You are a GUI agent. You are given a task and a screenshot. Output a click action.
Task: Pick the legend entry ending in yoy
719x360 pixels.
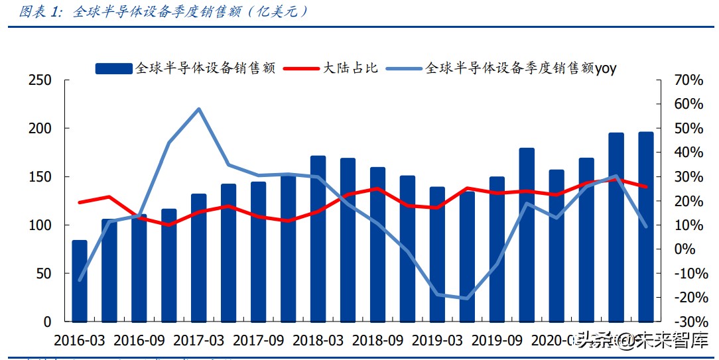(521, 68)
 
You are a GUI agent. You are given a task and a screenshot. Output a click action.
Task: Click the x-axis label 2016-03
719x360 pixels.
(79, 340)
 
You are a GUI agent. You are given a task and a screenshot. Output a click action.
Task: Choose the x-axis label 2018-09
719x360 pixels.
(377, 340)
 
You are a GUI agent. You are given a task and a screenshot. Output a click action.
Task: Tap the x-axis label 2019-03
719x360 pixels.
(437, 340)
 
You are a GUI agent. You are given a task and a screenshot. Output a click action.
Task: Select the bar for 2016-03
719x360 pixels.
(80, 282)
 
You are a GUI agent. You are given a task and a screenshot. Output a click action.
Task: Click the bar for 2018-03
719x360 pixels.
(318, 239)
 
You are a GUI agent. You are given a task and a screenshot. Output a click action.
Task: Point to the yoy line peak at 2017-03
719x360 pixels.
(199, 109)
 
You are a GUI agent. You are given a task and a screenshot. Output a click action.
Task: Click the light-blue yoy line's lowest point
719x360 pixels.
(467, 298)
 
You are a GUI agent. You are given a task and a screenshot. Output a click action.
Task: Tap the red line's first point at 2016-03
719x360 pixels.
(80, 202)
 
